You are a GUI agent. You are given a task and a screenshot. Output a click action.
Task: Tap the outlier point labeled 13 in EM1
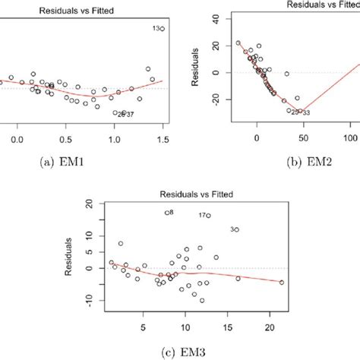tap(162, 28)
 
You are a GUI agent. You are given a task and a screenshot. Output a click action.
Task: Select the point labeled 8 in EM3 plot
tap(167, 213)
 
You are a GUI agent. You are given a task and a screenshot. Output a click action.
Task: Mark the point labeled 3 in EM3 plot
tap(236, 229)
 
